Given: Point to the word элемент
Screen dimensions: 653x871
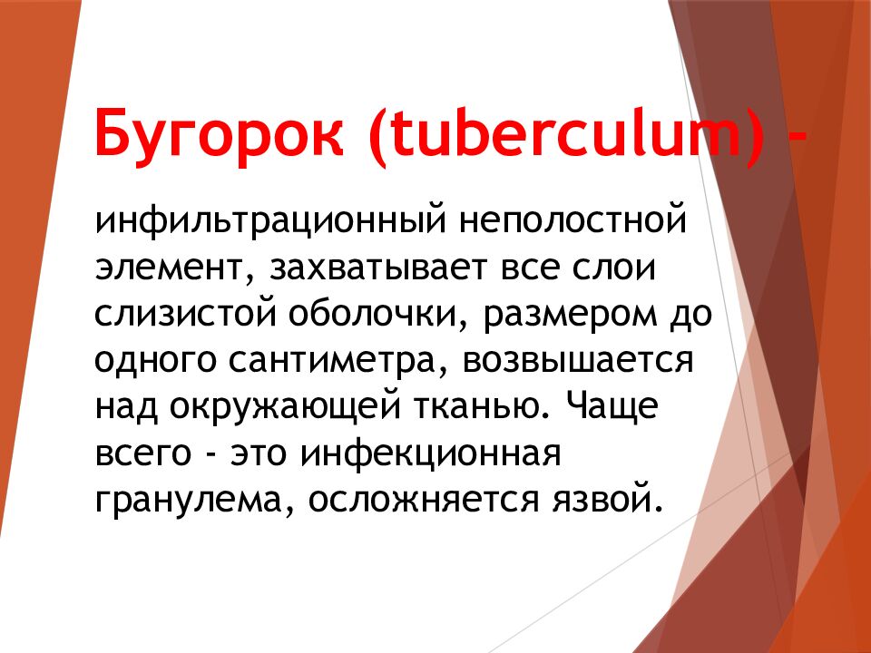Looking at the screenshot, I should click(x=168, y=268).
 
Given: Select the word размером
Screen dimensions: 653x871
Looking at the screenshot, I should click(x=581, y=317).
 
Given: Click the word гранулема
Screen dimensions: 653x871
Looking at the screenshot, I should click(x=190, y=500).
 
